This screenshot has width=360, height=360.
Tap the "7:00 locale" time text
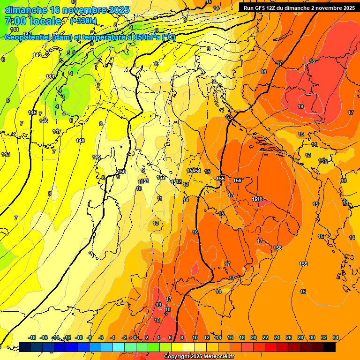(x=33, y=21)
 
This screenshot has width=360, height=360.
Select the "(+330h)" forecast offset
(x=83, y=21)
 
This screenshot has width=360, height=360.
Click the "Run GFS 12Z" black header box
(x=299, y=7)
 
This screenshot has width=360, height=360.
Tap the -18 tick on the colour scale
(x=32, y=337)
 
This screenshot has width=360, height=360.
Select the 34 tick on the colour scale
(x=336, y=337)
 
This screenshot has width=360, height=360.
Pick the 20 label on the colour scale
(x=254, y=337)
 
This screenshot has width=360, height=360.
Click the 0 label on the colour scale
(x=135, y=337)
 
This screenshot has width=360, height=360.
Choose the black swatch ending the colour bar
(x=330, y=347)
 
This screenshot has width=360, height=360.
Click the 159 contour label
(x=303, y=264)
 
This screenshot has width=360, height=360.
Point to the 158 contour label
(x=277, y=248)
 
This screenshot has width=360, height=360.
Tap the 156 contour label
(x=237, y=180)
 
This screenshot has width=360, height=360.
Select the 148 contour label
(x=80, y=141)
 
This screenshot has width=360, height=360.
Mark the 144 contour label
(x=50, y=76)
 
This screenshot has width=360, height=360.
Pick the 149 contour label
(x=97, y=157)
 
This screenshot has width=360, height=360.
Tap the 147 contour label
(x=57, y=131)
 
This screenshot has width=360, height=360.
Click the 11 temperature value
(x=160, y=199)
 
